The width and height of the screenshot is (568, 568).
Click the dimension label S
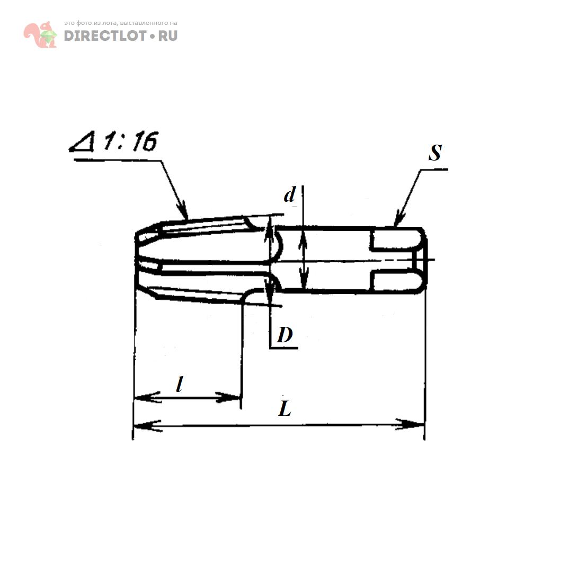tap(435, 153)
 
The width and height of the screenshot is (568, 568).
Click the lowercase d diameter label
tap(289, 194)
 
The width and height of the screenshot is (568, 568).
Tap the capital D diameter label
tap(285, 335)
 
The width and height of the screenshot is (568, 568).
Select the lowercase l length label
tap(179, 384)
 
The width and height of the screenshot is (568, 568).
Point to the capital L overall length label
tap(285, 409)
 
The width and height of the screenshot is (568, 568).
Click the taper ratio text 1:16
tap(130, 141)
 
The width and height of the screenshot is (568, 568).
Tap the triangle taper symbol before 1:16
tap(83, 141)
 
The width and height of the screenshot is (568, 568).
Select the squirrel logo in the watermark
tap(40, 34)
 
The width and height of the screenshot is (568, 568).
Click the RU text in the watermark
tap(168, 36)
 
